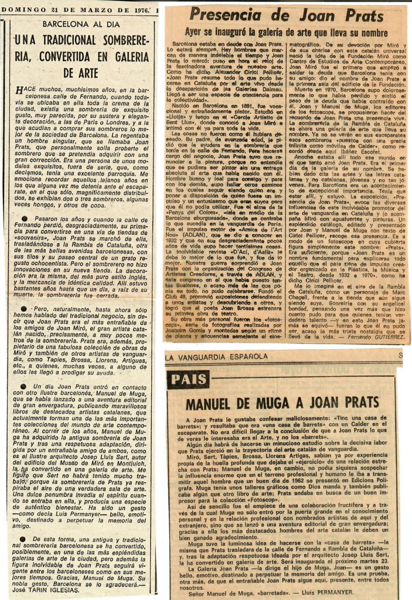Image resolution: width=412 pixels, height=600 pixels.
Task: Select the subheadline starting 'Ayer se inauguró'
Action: (x=286, y=32)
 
